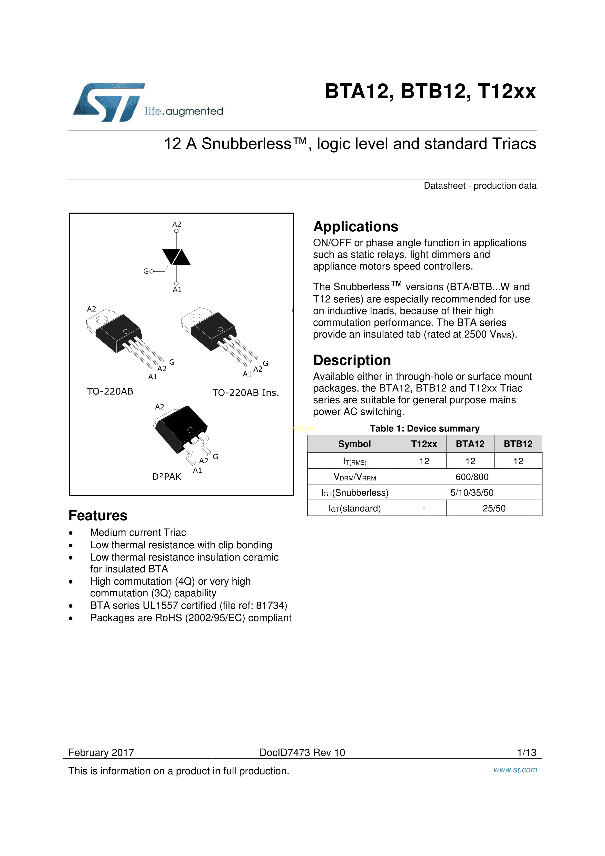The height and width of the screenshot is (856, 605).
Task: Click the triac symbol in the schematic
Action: pos(177,257)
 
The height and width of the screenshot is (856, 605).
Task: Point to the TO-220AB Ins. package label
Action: pos(246,393)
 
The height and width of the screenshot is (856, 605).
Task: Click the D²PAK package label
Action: pos(167,477)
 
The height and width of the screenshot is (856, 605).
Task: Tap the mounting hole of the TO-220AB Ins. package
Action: pos(196,318)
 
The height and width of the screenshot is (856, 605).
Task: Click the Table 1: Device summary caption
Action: pos(424,428)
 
